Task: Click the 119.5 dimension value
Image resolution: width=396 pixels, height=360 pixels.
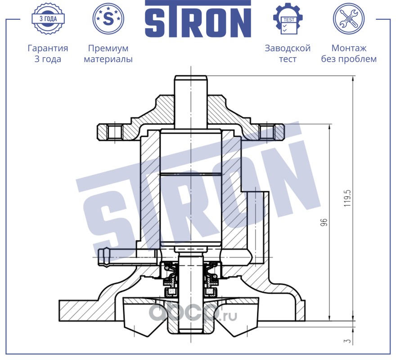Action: pyautogui.click(x=348, y=198)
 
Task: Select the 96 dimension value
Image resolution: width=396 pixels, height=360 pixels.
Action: pyautogui.click(x=324, y=222)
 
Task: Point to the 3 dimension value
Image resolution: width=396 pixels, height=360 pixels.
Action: pyautogui.click(x=348, y=341)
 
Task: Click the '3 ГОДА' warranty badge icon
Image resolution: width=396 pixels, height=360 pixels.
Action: pyautogui.click(x=48, y=18)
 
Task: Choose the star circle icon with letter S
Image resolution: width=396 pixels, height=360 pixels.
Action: pyautogui.click(x=108, y=18)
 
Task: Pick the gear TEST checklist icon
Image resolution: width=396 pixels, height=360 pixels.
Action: pyautogui.click(x=288, y=19)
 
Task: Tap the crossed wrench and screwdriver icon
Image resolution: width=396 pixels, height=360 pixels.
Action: pyautogui.click(x=349, y=18)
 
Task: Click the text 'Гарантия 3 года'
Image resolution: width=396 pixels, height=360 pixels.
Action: pyautogui.click(x=48, y=53)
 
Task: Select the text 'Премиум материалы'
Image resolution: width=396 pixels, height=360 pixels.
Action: pyautogui.click(x=108, y=53)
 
